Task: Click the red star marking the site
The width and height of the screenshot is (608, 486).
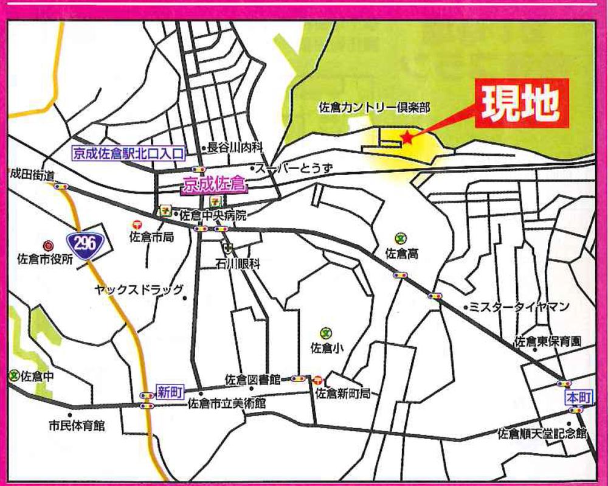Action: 407,138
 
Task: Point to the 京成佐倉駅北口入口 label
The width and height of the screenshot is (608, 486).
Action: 128,154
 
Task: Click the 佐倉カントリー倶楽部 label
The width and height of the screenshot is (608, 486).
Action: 375,108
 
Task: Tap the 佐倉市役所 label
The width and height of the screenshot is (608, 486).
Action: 46,258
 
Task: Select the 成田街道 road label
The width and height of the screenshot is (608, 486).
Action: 32,175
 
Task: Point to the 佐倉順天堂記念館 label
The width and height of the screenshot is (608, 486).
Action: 542,434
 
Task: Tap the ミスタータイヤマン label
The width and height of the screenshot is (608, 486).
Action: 520,307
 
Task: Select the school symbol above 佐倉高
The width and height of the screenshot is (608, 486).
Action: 400,238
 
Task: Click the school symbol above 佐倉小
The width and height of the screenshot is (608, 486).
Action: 326,333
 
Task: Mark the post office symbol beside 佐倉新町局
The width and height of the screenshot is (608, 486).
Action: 319,380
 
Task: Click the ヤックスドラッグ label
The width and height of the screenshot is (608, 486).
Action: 139,290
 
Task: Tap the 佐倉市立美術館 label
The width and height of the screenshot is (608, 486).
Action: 227,403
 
